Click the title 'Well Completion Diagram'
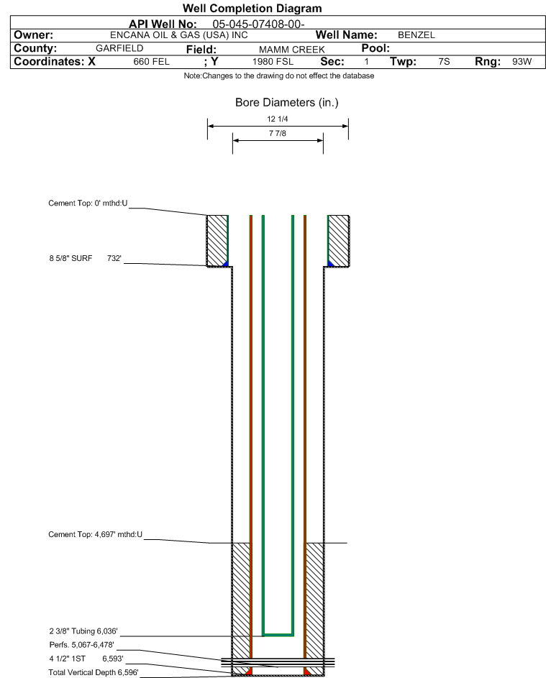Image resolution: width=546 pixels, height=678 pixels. (252, 8)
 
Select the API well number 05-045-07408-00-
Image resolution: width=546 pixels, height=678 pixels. (258, 24)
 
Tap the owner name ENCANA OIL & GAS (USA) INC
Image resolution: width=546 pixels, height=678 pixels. (179, 35)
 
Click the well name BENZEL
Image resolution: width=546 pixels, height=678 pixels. (417, 35)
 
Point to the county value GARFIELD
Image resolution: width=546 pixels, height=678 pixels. (119, 48)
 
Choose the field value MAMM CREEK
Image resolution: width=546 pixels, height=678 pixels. (291, 50)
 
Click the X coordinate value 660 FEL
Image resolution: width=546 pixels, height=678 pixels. (151, 62)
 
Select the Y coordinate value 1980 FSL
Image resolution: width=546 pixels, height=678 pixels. (273, 62)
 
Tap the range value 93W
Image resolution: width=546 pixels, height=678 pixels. (522, 61)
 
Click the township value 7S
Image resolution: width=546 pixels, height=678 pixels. (444, 61)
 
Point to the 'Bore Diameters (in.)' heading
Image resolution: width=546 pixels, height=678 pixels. (287, 103)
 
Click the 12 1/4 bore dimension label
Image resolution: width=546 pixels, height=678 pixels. (278, 119)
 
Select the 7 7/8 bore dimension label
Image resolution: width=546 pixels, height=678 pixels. (278, 133)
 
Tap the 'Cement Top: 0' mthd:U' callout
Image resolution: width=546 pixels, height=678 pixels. (88, 203)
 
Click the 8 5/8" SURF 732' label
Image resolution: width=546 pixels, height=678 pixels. (85, 258)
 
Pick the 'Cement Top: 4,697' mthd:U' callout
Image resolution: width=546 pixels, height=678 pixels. (95, 534)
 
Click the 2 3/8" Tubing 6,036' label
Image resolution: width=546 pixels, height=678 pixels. (83, 631)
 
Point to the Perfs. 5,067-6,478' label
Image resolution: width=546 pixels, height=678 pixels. (81, 645)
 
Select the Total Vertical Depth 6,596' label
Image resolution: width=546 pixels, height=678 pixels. (94, 672)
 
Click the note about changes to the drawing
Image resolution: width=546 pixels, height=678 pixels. (279, 75)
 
